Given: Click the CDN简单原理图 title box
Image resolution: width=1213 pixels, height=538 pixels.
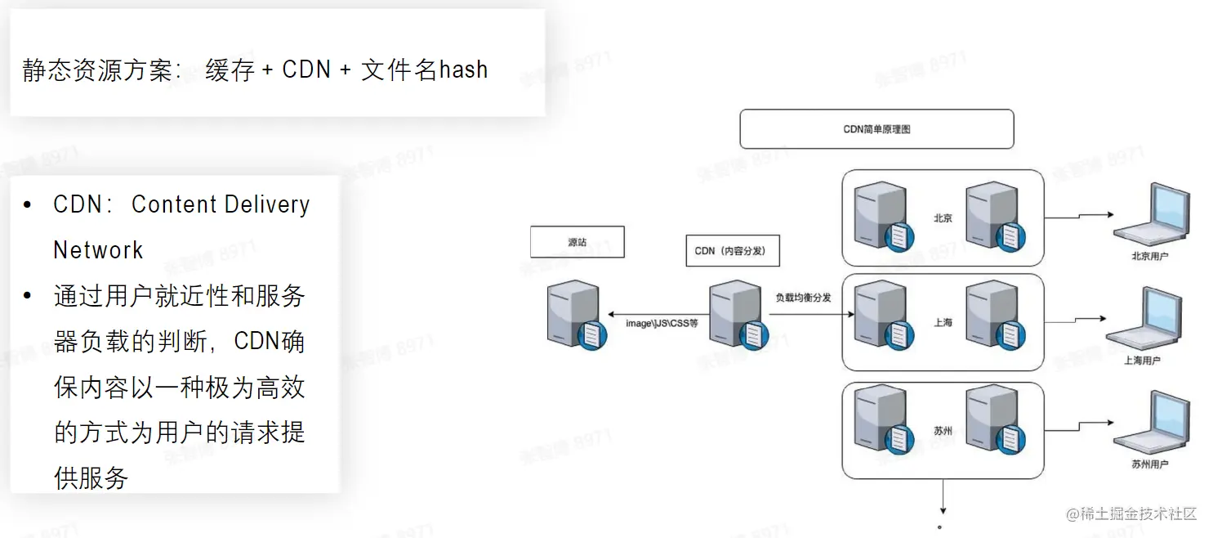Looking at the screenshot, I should [876, 129].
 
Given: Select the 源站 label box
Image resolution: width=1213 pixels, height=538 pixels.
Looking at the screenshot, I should [577, 242].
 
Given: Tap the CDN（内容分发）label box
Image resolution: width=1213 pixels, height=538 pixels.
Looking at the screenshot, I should [732, 251].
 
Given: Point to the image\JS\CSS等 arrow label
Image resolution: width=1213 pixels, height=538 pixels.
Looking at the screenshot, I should [662, 324].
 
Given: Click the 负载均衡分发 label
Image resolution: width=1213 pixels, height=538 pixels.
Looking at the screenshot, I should [803, 298].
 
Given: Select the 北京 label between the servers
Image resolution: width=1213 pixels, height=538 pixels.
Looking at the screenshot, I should [943, 217].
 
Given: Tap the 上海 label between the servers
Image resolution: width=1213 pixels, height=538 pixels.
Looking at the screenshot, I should [943, 322].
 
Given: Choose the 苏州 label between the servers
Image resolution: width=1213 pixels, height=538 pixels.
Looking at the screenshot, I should [943, 430].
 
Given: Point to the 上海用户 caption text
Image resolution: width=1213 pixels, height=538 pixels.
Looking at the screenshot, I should [1142, 360].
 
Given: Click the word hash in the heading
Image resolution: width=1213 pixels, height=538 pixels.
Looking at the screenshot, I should [463, 69].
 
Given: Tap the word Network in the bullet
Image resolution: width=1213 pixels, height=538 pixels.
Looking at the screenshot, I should [98, 249].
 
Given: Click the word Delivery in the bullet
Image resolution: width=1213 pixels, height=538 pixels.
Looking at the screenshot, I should [265, 204].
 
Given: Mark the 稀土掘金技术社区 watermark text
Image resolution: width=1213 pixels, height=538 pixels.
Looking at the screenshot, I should [1137, 513].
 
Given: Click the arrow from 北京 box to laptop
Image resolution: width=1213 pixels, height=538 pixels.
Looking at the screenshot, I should [1078, 217].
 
